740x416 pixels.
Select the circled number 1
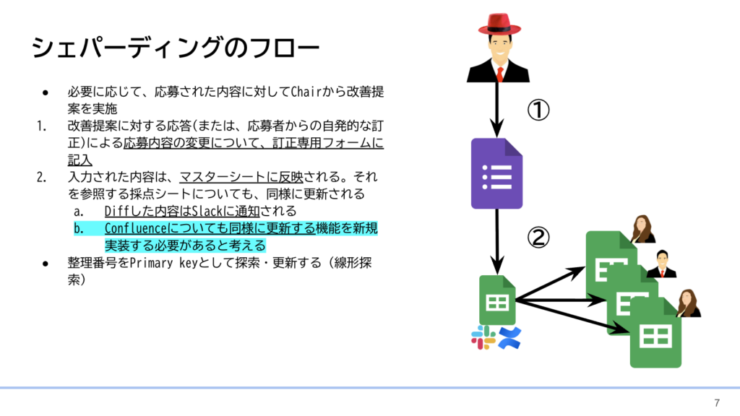click(538, 110)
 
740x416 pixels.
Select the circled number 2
click(538, 238)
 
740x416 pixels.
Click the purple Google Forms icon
click(496, 173)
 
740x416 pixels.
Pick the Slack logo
click(482, 337)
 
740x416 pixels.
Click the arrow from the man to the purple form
click(496, 108)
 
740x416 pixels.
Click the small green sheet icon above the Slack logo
click(497, 300)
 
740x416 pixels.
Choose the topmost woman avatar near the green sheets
click(641, 230)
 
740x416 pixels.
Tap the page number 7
click(717, 403)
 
